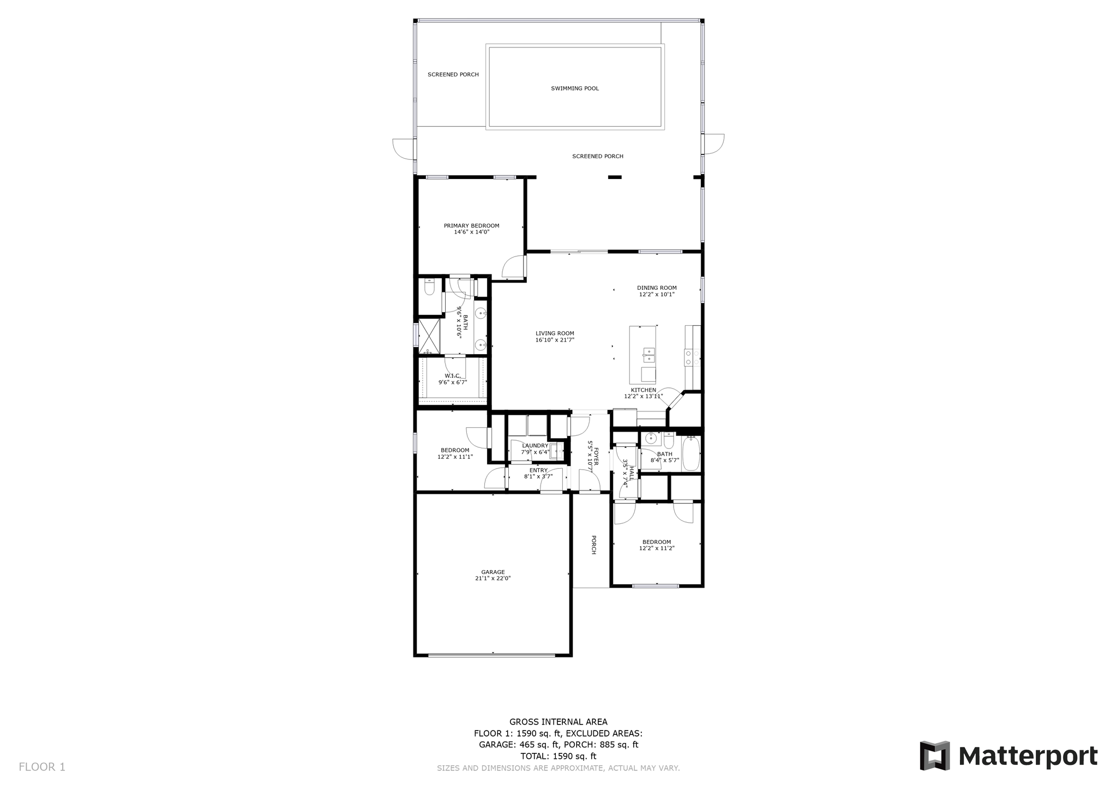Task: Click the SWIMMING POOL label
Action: point(575,88)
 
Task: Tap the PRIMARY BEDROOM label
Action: point(471,226)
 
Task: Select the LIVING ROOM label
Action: point(555,333)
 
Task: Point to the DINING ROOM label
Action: point(657,288)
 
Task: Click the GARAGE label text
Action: point(493,572)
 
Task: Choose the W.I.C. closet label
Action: point(453,376)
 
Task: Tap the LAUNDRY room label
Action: point(535,446)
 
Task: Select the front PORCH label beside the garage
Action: point(593,544)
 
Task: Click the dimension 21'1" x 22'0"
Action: point(493,578)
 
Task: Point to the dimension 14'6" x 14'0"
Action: point(472,232)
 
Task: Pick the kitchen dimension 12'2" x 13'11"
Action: point(644,397)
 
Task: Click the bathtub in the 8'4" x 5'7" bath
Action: point(690,453)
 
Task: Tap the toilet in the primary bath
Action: point(429,286)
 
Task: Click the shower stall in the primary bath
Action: point(429,337)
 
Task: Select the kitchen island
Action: point(643,355)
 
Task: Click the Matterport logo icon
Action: point(935,756)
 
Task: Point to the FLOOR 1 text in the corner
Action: point(42,767)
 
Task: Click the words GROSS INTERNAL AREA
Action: point(558,722)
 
